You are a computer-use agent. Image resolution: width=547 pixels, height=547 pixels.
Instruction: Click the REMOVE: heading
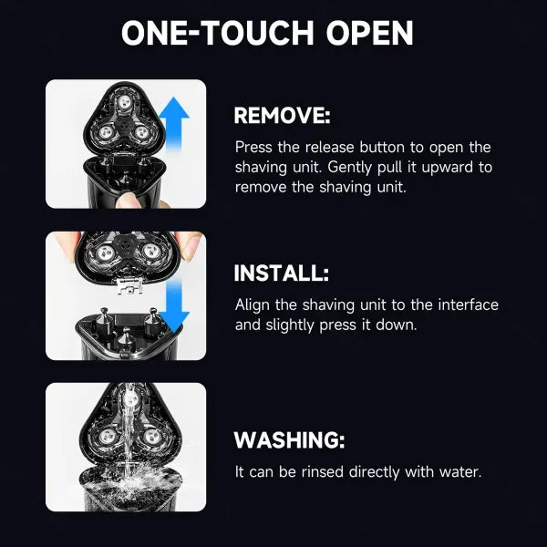[282, 115]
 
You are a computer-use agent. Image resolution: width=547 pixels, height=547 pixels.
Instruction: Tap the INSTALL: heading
[281, 273]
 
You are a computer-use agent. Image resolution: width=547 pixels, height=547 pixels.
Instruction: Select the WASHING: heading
[289, 440]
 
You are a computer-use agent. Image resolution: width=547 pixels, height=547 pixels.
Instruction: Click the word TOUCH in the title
[257, 33]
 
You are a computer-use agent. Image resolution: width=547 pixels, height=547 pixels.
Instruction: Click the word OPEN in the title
[369, 33]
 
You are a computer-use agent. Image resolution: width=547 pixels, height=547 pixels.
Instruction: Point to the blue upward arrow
[174, 124]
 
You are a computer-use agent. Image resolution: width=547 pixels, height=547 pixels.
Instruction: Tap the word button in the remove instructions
[383, 147]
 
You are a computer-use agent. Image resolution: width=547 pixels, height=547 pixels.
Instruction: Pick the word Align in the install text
[253, 304]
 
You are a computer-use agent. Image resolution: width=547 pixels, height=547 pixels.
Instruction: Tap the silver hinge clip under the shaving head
[129, 285]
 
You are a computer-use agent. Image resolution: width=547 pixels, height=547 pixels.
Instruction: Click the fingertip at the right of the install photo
[190, 246]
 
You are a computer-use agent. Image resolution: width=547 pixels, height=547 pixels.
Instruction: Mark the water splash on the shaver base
[130, 483]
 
